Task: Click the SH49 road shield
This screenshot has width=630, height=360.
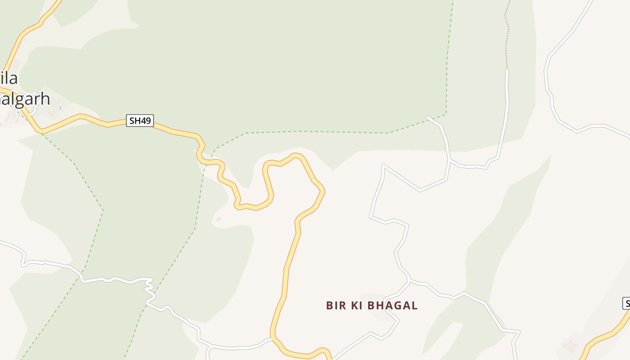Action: (x=140, y=121)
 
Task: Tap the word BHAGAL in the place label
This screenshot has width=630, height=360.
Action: (x=393, y=306)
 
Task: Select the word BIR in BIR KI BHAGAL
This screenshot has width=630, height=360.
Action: (x=336, y=306)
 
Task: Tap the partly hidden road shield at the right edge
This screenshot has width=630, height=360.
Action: (x=626, y=303)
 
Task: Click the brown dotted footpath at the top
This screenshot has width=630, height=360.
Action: (x=507, y=36)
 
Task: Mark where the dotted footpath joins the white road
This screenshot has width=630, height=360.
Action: (x=507, y=69)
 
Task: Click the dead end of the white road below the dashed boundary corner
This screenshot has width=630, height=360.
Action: (x=427, y=117)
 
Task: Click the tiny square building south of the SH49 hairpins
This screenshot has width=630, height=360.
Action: (x=219, y=219)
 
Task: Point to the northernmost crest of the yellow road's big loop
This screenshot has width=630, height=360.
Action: (x=295, y=155)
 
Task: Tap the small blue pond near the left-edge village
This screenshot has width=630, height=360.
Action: (x=59, y=107)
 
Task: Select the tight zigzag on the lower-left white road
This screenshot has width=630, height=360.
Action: (x=149, y=288)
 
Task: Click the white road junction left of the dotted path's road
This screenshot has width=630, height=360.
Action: (x=449, y=160)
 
